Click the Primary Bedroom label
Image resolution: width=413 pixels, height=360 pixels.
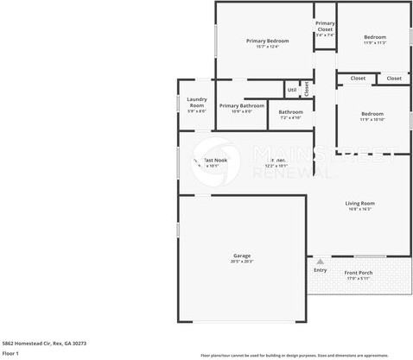267,41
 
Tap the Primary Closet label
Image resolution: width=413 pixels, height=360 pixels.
325,26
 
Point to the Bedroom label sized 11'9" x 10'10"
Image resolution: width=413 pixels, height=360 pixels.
372,114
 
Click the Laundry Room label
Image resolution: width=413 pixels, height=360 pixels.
196,102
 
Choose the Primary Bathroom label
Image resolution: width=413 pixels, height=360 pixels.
242,105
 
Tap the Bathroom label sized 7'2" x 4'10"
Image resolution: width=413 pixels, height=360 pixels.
290,111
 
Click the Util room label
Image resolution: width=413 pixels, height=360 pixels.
292,89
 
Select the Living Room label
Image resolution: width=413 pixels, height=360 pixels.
359,203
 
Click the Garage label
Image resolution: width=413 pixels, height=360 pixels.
241,256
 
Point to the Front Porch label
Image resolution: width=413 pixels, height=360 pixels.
359,273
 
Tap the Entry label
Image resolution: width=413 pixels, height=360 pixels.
321,270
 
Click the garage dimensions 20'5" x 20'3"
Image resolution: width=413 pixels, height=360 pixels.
241,262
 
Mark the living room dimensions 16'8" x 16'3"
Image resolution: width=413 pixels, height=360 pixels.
359,209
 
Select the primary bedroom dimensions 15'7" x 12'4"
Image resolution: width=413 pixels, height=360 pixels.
267,47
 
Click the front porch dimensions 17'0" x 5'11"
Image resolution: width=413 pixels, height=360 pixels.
359,279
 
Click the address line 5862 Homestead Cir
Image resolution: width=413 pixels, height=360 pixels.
44,343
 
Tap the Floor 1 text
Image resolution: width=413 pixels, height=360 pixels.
10,353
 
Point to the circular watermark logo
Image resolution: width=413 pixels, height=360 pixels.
215,160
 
